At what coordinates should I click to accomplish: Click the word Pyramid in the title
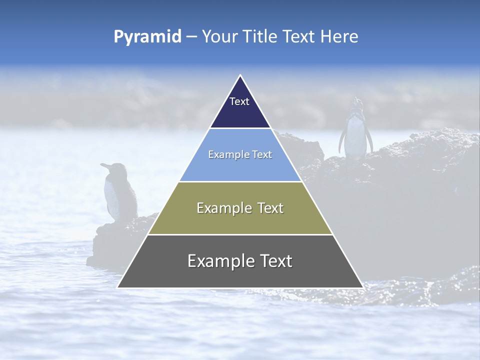[147, 36]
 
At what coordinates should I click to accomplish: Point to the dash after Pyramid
[191, 37]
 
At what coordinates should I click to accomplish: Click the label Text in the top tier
[239, 101]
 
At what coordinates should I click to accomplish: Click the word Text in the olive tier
[268, 208]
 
